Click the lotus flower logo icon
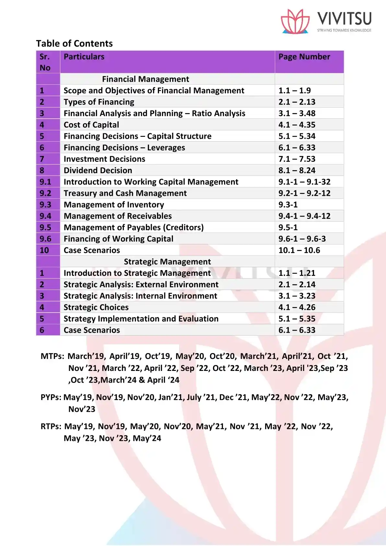coord(295,21)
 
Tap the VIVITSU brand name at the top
coord(344,19)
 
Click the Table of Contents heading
coord(74,43)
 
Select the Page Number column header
coord(304,57)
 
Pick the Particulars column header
coord(84,57)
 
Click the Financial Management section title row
coord(146,79)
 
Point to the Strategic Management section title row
coord(167,262)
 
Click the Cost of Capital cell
coord(91,125)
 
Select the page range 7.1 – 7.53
coord(297,159)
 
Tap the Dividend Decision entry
coord(98,171)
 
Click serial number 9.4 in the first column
coord(45,216)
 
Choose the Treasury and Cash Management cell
coord(125,193)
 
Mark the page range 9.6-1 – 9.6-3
coord(302,239)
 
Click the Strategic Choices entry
coord(96,307)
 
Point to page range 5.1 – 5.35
coord(297,319)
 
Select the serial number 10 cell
coord(44,250)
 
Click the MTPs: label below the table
coord(53,356)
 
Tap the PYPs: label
coord(51,398)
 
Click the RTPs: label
coord(51,426)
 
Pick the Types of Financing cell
coord(99,102)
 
